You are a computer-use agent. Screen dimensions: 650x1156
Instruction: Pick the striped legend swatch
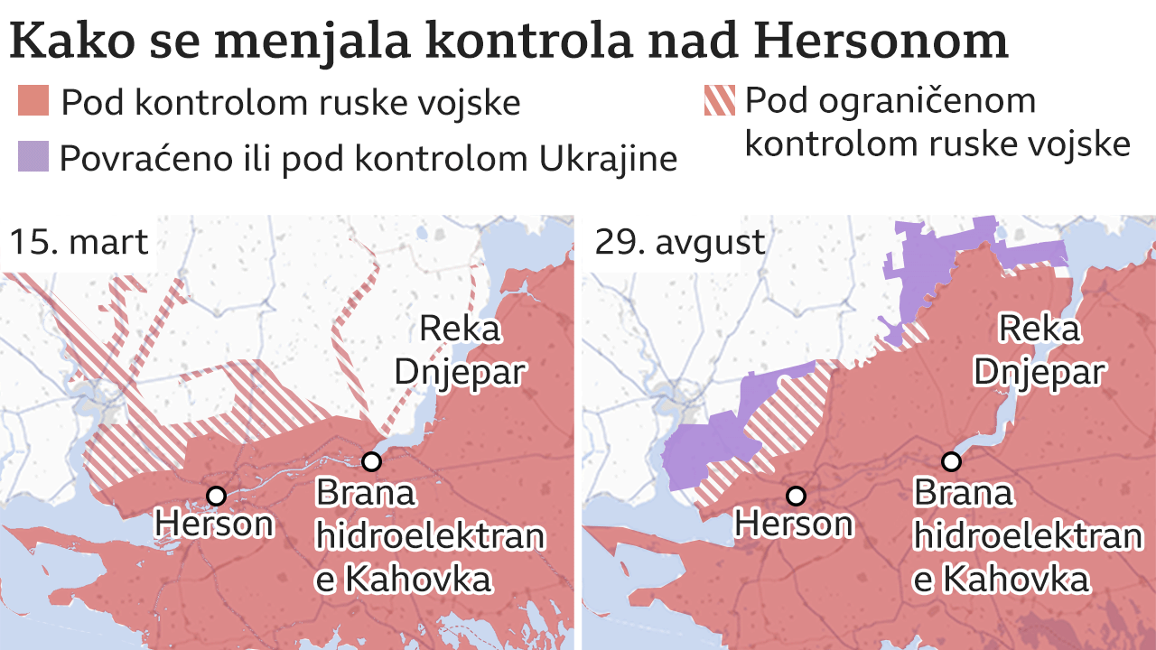point(720,100)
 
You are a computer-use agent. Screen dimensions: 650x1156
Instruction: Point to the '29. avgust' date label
point(680,242)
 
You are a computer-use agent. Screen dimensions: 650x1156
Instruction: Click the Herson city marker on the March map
point(216,496)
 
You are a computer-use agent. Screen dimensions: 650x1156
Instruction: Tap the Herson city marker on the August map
point(796,496)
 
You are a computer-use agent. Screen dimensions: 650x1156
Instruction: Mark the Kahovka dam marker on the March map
point(371,462)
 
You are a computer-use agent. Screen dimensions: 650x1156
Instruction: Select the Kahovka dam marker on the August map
point(950,462)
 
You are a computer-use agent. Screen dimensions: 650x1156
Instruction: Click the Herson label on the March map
point(214,524)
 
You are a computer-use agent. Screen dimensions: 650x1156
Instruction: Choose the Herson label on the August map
point(794,524)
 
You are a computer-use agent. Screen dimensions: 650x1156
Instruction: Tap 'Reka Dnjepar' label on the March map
point(460,350)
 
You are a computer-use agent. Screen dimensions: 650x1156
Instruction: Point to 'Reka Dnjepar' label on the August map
point(1039,350)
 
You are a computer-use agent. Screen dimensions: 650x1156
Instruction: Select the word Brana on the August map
point(963,494)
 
